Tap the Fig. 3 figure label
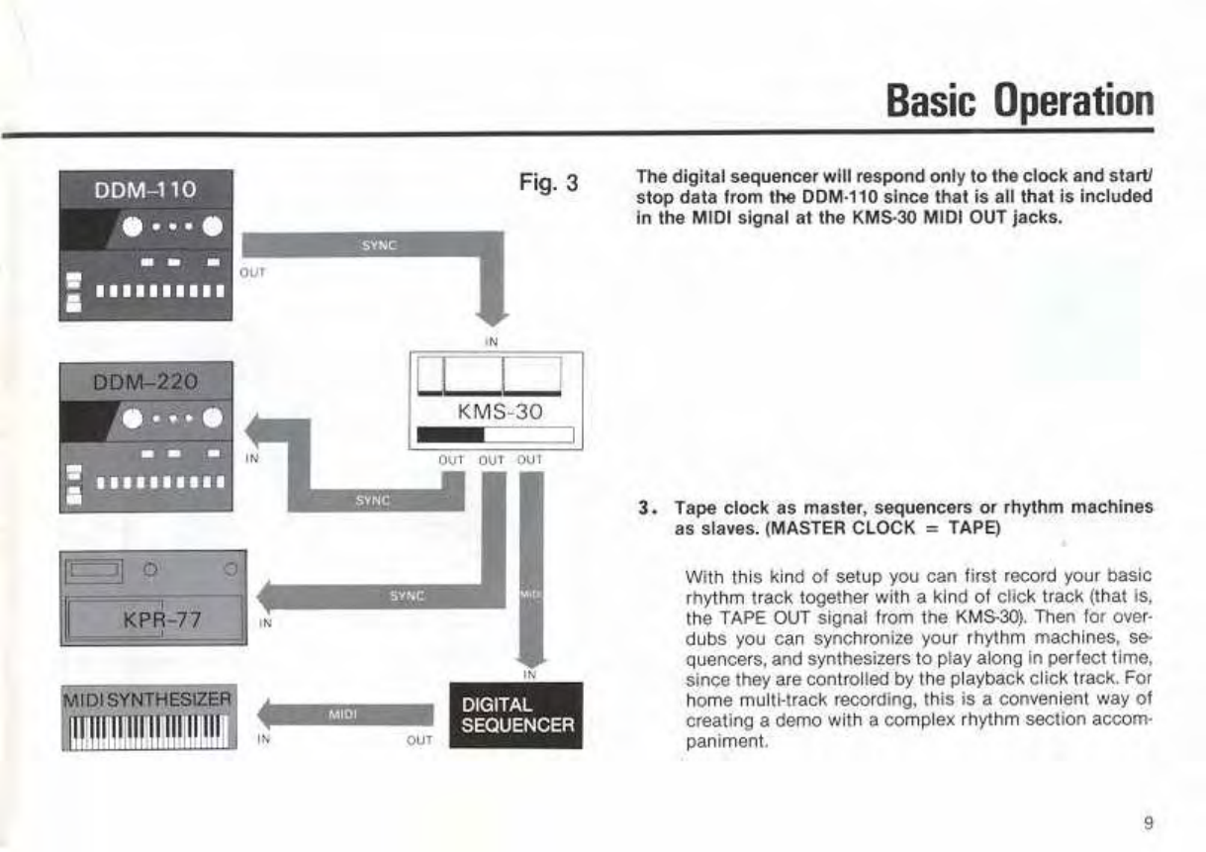[x=547, y=184]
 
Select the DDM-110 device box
[x=146, y=244]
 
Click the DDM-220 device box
[x=146, y=435]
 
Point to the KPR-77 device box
[x=153, y=597]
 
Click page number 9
[x=1147, y=820]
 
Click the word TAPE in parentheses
[x=974, y=528]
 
